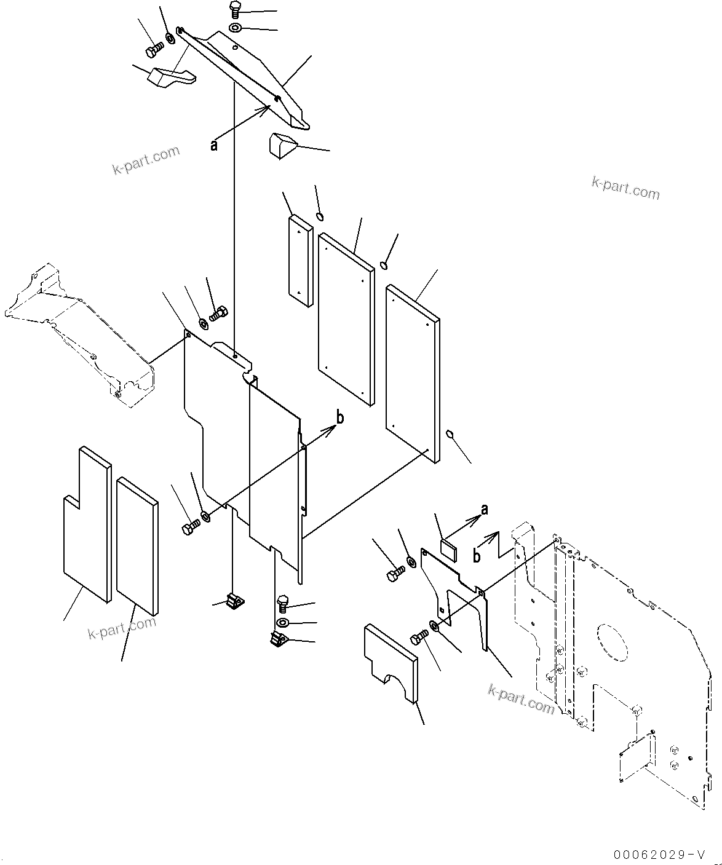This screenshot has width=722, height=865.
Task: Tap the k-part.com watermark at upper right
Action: click(x=625, y=188)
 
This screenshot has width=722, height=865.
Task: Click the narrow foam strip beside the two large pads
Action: click(x=300, y=259)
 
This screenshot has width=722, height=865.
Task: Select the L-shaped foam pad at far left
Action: click(x=86, y=523)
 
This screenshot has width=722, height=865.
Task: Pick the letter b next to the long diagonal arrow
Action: click(x=339, y=417)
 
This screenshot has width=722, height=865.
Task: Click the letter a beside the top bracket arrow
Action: click(x=214, y=145)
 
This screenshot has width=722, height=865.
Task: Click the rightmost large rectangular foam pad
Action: click(x=413, y=372)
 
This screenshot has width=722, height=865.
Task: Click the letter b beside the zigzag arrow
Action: click(x=477, y=556)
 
